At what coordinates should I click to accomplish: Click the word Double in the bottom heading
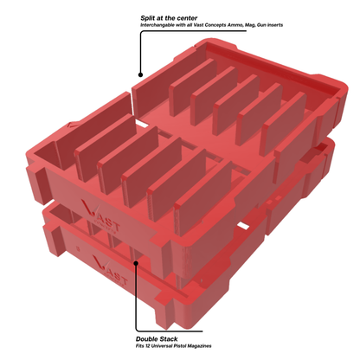tap(149, 338)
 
